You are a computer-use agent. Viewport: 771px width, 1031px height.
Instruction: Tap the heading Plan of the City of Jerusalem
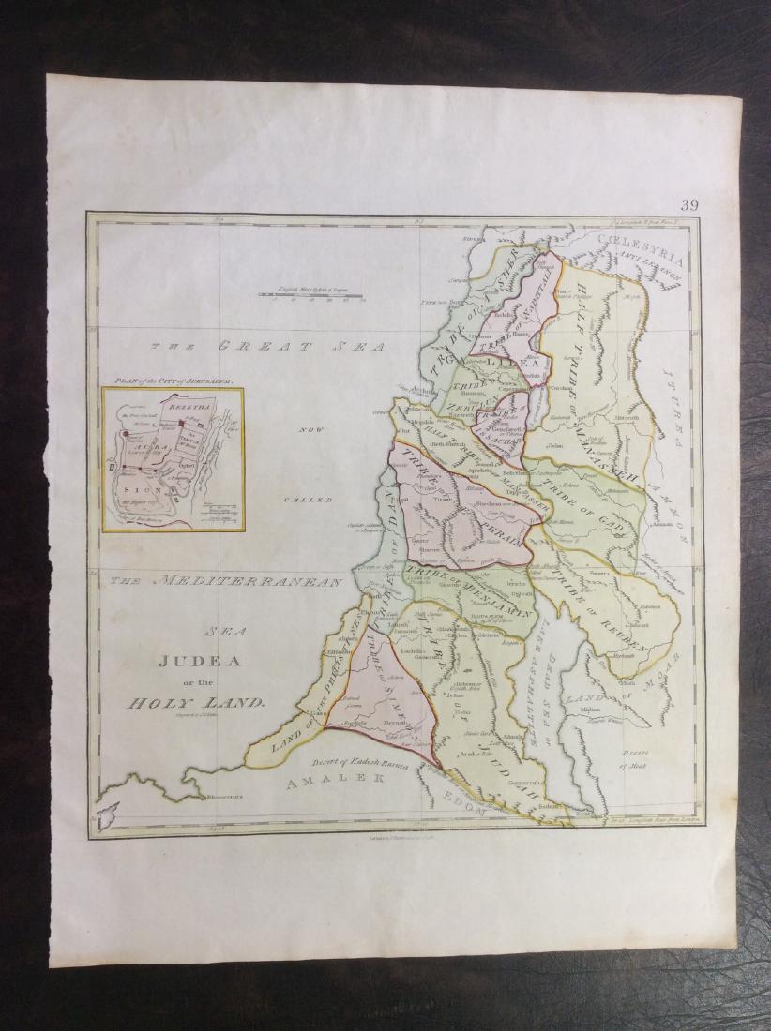click(172, 383)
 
